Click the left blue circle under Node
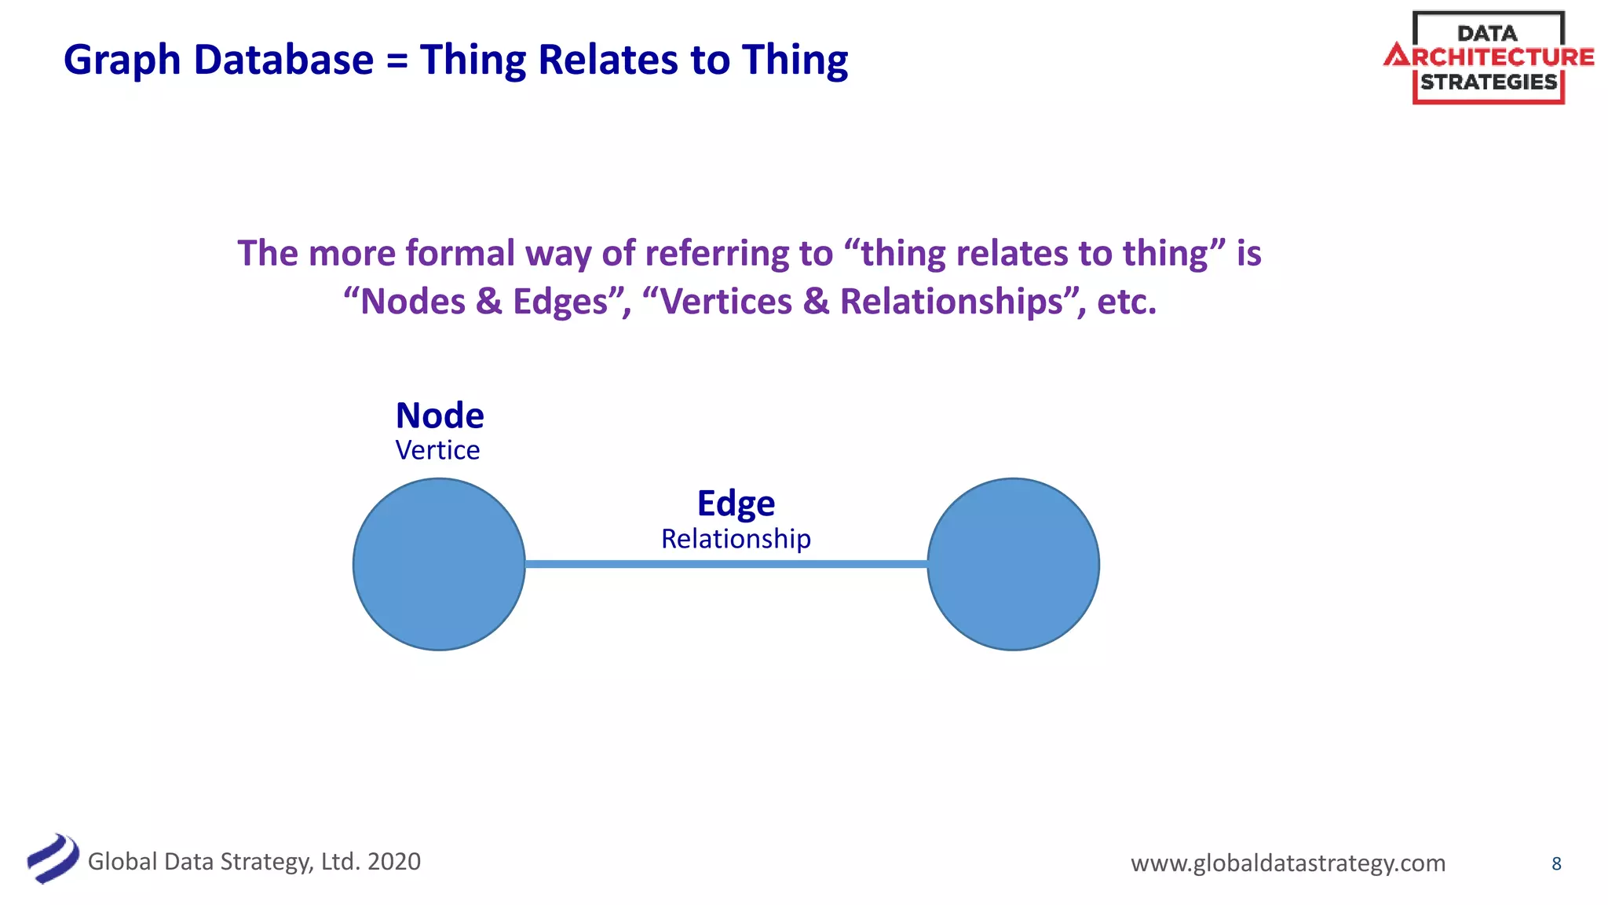pyautogui.click(x=439, y=564)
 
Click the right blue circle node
pyautogui.click(x=1013, y=564)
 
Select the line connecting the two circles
pyautogui.click(x=726, y=564)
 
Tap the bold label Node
pyautogui.click(x=440, y=416)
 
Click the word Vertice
pyautogui.click(x=437, y=451)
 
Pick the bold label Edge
pyautogui.click(x=736, y=504)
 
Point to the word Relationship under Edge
pyautogui.click(x=736, y=539)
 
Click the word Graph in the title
pyautogui.click(x=122, y=60)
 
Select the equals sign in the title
pyautogui.click(x=397, y=61)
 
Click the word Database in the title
pyautogui.click(x=283, y=60)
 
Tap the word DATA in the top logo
pyautogui.click(x=1487, y=34)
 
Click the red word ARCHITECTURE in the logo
pyautogui.click(x=1489, y=57)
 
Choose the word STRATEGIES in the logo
pyautogui.click(x=1489, y=82)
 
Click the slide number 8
pyautogui.click(x=1556, y=864)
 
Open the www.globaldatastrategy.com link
pyautogui.click(x=1288, y=863)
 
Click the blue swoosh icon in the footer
pyautogui.click(x=53, y=859)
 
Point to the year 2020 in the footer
pyautogui.click(x=394, y=862)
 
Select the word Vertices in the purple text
pyautogui.click(x=727, y=302)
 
